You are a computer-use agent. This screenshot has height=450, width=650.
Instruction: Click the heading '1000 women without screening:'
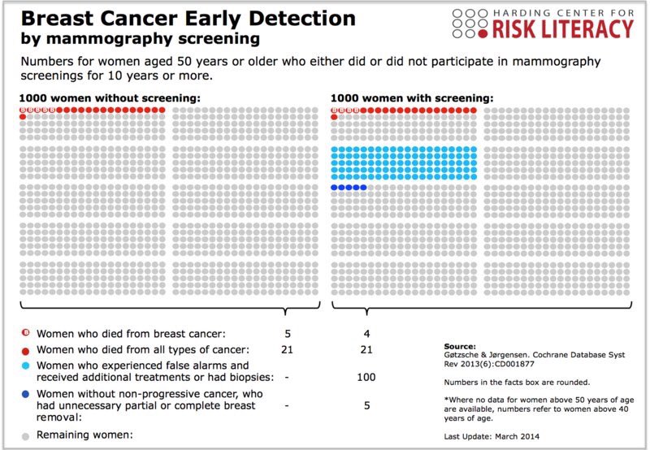pos(109,98)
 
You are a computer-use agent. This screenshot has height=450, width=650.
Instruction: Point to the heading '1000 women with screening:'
pos(411,98)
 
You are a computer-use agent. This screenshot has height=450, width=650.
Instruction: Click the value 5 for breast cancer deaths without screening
pos(288,333)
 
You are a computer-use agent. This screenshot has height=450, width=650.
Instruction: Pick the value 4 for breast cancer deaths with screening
pos(366,333)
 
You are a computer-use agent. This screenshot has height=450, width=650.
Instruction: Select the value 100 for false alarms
pos(366,378)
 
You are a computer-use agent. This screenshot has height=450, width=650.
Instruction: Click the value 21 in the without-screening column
pos(288,349)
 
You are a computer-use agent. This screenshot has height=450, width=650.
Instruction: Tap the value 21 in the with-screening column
pos(366,349)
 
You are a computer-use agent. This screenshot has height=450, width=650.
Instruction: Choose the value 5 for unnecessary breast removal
pos(366,404)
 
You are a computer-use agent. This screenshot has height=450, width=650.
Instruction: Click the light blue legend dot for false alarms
pos(24,367)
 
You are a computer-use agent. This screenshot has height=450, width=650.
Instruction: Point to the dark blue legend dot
pos(24,393)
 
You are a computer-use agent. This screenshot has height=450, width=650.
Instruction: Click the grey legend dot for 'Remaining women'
pos(24,435)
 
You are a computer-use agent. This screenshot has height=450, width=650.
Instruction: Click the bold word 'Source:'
pos(461,345)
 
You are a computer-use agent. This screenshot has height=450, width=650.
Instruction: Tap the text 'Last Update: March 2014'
pos(492,437)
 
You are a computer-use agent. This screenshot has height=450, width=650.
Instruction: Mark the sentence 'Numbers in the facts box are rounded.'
pos(518,382)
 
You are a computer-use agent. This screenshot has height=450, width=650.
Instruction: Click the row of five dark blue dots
pos(349,188)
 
